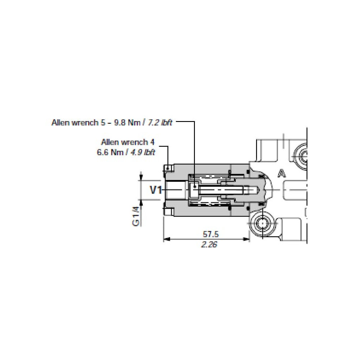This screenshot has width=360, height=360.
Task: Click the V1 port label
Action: (x=156, y=190)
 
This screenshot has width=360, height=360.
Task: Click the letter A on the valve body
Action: (x=282, y=173)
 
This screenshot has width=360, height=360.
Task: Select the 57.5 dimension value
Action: (x=211, y=234)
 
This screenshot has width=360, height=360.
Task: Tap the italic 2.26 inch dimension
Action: (x=209, y=244)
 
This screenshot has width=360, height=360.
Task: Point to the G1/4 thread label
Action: (x=136, y=216)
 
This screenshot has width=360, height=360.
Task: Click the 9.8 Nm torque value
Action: (x=127, y=122)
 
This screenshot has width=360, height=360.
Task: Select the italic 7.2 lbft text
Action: (x=160, y=122)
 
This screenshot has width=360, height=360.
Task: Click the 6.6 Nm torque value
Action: (x=110, y=152)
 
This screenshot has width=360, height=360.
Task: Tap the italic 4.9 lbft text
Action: (x=143, y=152)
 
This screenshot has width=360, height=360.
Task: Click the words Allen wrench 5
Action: (x=78, y=122)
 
